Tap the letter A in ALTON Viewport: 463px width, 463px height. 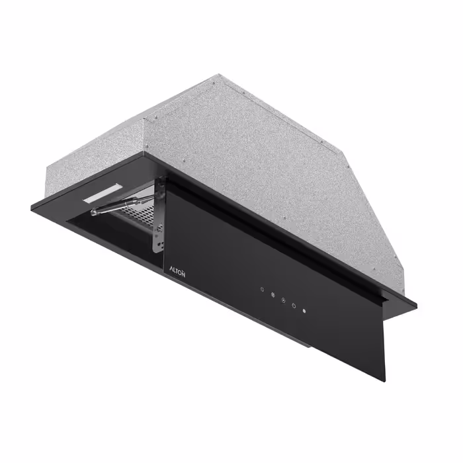pyautogui.click(x=171, y=269)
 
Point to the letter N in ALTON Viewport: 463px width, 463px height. pyautogui.click(x=183, y=274)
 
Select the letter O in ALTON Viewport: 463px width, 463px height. pyautogui.click(x=180, y=273)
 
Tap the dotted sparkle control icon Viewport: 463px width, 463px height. pyautogui.click(x=262, y=289)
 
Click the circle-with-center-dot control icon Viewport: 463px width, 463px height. pyautogui.click(x=283, y=300)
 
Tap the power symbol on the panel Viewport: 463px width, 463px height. pyautogui.click(x=294, y=306)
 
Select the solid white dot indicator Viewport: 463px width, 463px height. pyautogui.click(x=304, y=311)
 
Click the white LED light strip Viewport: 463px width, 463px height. pyautogui.click(x=102, y=193)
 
